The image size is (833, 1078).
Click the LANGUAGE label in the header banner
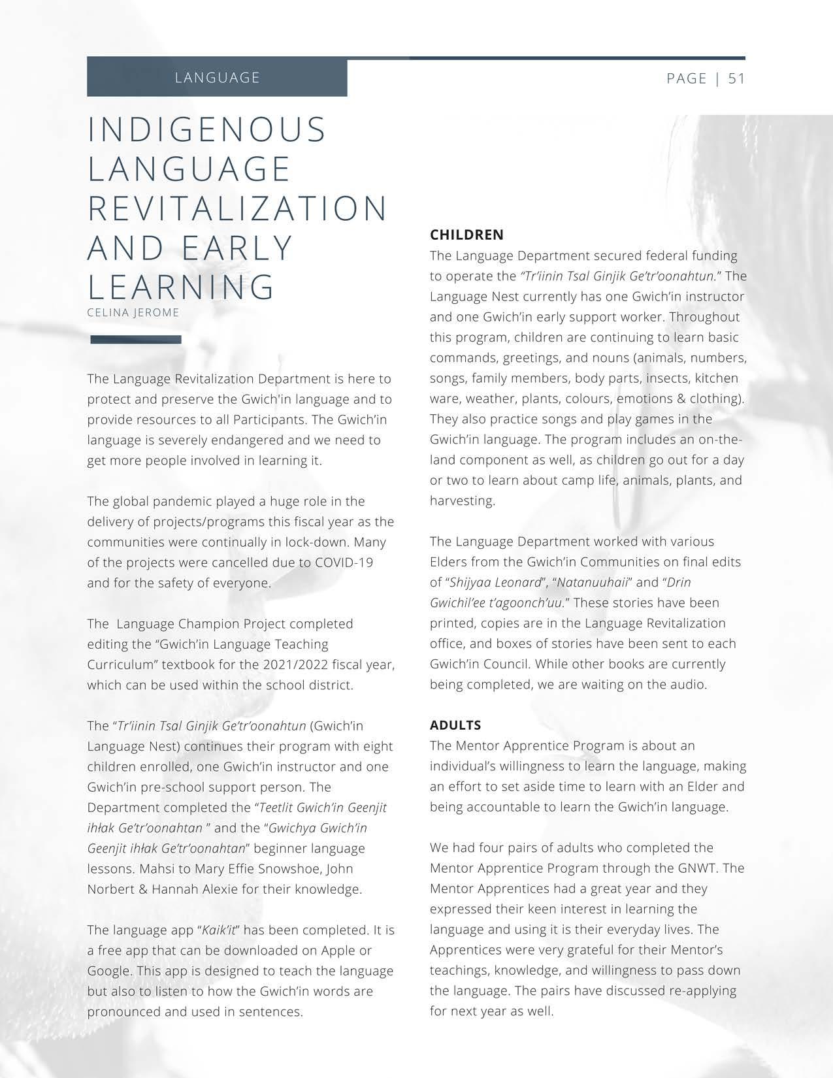(x=218, y=78)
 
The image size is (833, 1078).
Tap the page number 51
(x=736, y=78)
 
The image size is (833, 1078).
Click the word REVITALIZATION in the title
(x=238, y=208)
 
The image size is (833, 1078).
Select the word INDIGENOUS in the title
(x=207, y=129)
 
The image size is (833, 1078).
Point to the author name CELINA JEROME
(x=133, y=312)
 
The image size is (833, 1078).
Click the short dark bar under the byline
(x=136, y=339)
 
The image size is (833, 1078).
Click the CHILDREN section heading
(x=466, y=235)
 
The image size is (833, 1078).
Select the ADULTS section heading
(x=455, y=725)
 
